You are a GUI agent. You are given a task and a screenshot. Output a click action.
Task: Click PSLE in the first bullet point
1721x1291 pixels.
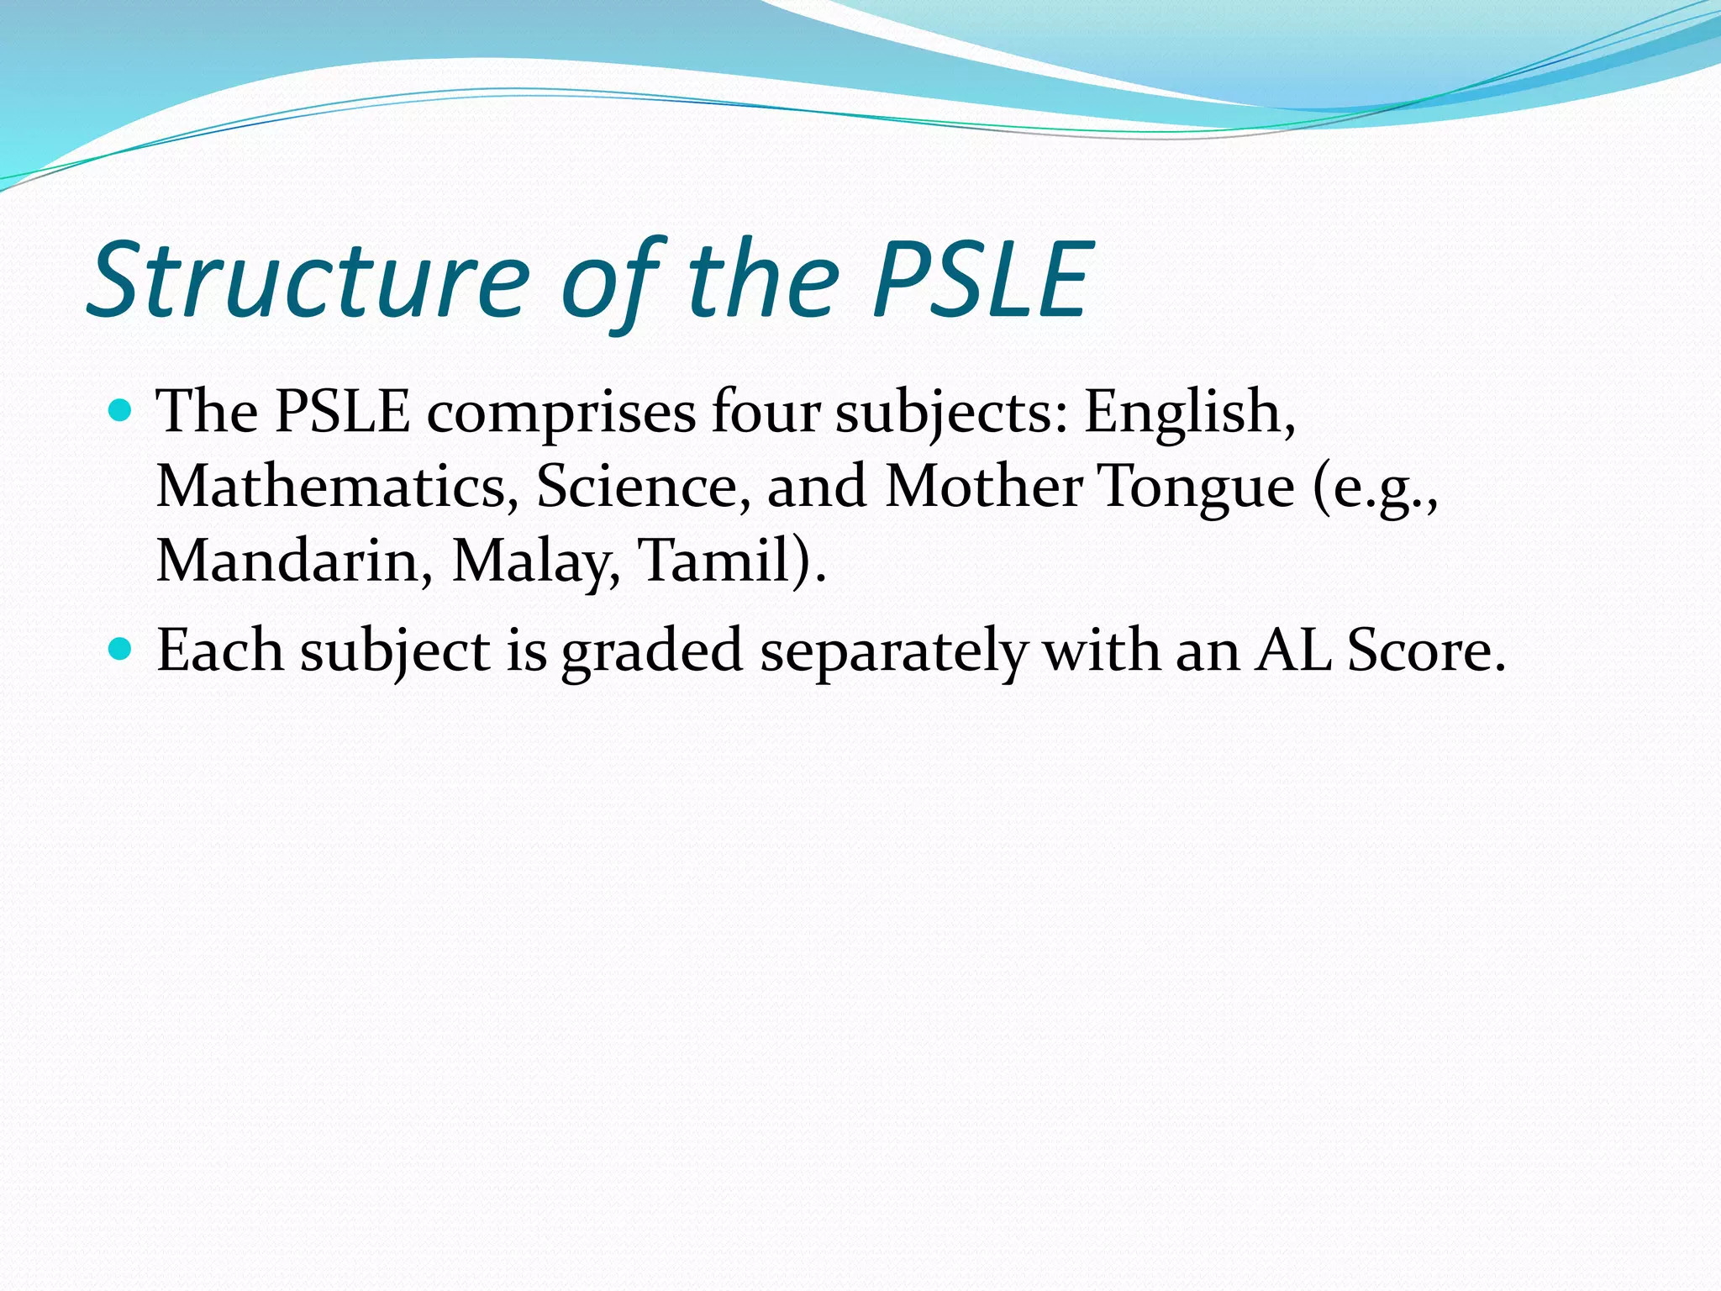(343, 412)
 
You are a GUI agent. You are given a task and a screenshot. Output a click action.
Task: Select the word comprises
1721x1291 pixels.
(561, 414)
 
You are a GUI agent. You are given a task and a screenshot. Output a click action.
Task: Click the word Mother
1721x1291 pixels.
(983, 487)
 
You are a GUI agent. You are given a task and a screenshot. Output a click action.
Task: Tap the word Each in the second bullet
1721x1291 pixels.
(220, 651)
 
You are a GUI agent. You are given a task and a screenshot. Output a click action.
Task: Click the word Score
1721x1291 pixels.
(1425, 651)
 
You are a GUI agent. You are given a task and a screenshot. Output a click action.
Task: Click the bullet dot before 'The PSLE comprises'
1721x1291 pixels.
(121, 411)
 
